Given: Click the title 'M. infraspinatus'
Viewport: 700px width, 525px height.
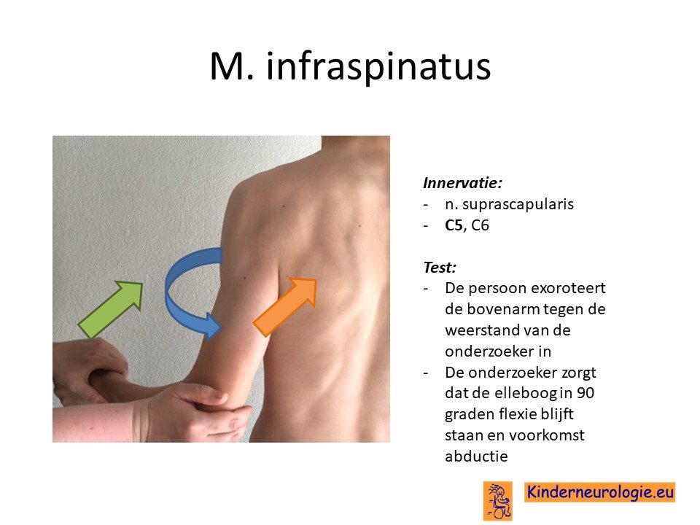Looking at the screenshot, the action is [x=351, y=67].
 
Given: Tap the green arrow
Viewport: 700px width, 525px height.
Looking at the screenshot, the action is [x=111, y=309].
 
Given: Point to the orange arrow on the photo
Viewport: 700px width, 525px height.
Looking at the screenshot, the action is [x=285, y=307].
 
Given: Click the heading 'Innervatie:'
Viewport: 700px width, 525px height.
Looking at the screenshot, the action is [x=462, y=183].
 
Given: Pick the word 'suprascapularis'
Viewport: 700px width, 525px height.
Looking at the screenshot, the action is [x=518, y=204].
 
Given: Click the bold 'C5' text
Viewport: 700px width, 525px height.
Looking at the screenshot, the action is [x=454, y=225].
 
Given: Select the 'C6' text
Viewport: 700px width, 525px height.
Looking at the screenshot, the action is [x=481, y=225].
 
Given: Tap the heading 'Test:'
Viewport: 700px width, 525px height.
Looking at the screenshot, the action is [x=440, y=268].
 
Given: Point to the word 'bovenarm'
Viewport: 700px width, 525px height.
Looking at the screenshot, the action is [x=502, y=309].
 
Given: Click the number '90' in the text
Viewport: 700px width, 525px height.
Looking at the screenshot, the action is [x=586, y=393].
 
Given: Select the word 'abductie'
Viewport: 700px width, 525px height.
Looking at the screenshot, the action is [x=476, y=456].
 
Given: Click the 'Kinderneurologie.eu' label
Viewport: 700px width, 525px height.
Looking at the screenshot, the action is [x=600, y=492].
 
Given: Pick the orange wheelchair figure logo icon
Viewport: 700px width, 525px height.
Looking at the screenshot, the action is [x=498, y=501].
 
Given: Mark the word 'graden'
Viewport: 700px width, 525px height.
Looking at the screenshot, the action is [x=467, y=415].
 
